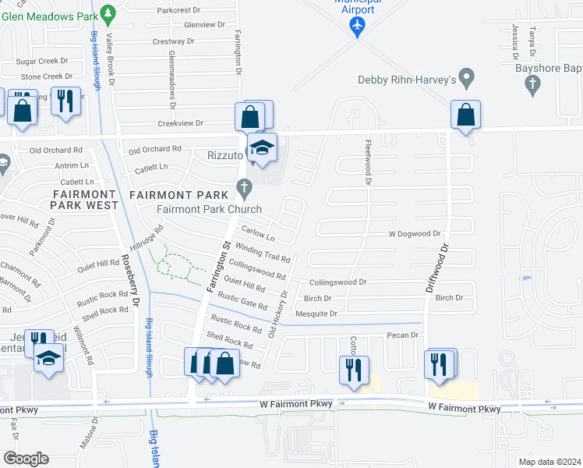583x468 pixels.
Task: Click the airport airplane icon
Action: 357,26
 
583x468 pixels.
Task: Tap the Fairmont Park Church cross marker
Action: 244,187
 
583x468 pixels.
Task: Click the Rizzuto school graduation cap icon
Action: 263,147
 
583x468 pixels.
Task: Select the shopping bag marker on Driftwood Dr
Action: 465,115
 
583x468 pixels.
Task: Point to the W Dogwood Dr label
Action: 415,233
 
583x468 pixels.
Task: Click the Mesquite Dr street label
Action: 321,314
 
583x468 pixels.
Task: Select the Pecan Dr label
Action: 403,335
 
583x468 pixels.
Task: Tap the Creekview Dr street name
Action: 180,123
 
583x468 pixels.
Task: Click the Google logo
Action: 25,459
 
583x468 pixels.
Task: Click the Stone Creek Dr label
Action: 46,76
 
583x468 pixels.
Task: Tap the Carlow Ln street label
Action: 258,233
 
